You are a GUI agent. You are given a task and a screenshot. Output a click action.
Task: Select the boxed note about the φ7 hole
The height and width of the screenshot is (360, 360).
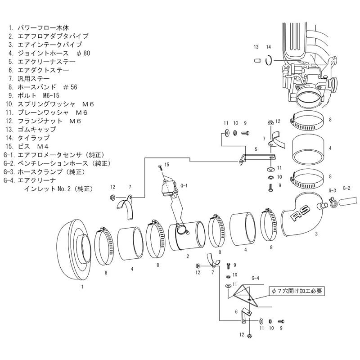[x=297, y=291]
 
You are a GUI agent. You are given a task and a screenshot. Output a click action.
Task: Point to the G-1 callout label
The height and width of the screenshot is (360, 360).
[x=183, y=185]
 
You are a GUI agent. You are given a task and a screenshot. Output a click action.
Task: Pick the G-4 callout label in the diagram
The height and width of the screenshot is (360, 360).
[x=255, y=278]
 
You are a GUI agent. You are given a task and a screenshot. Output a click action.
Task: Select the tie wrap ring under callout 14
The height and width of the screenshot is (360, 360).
[x=269, y=59]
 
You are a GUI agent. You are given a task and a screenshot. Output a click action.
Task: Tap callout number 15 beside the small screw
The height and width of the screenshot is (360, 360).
[x=166, y=165]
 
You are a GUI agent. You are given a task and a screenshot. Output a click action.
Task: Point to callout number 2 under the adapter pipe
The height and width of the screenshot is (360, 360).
[x=186, y=256]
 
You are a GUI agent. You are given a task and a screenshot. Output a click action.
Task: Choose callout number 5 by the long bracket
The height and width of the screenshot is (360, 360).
[x=255, y=148]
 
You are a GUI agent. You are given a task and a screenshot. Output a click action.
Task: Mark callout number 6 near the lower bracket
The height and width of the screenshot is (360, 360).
[x=236, y=311]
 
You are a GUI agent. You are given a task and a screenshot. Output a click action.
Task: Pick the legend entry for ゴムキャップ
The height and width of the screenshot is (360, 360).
[x=36, y=130]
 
